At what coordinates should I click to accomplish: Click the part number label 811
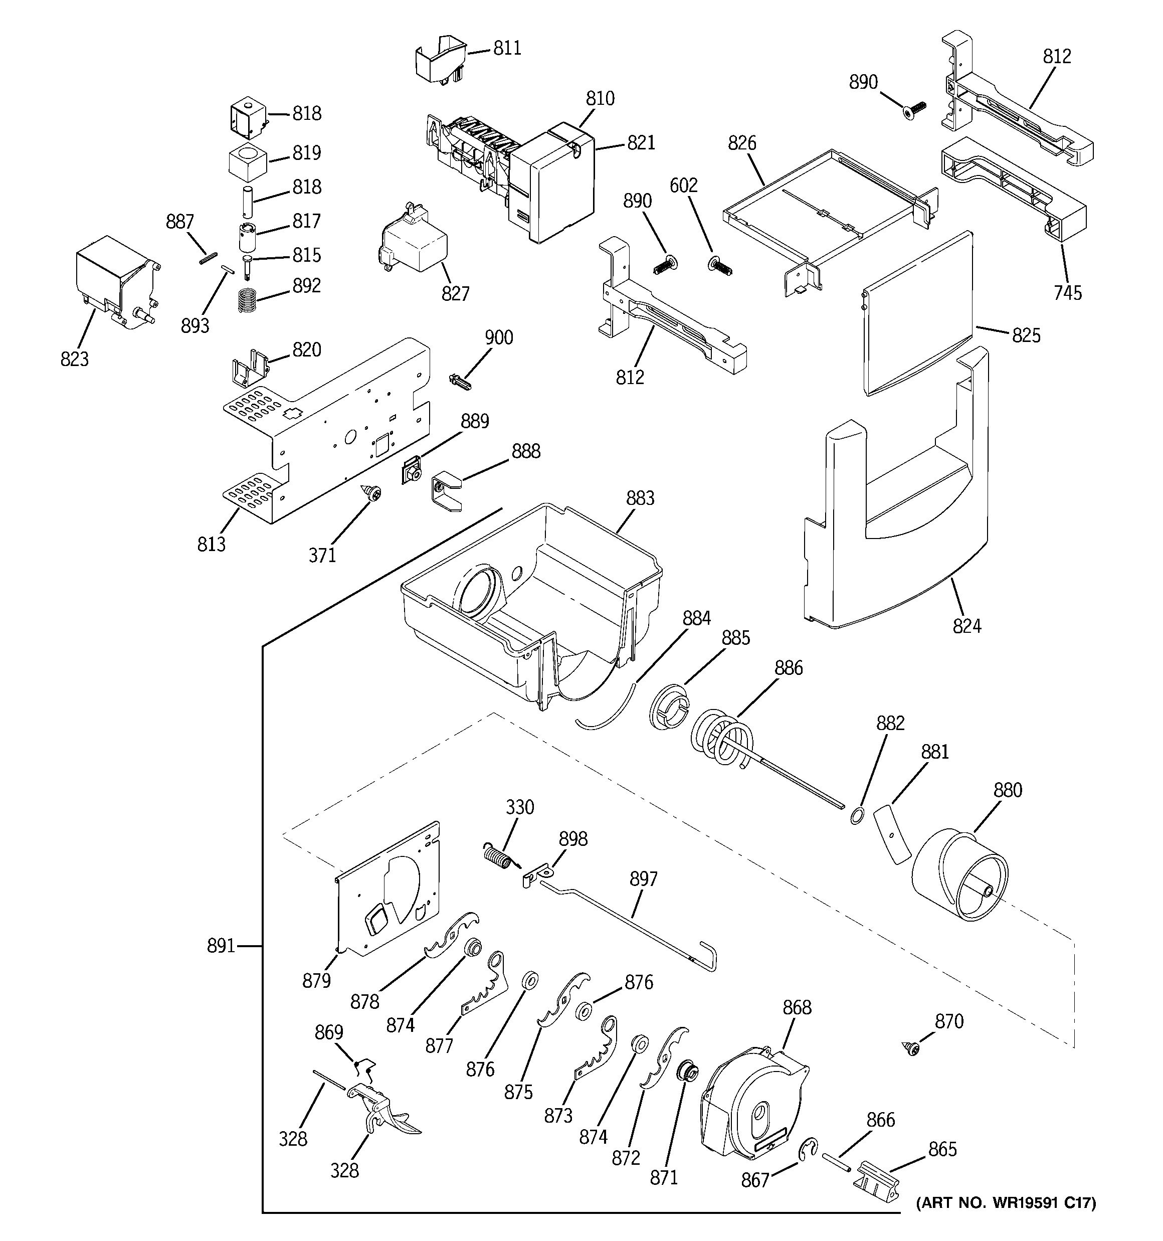(x=507, y=48)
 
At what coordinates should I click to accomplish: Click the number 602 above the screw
(x=684, y=186)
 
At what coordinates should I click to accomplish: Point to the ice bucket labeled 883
(x=531, y=599)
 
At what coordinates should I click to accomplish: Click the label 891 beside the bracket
(x=221, y=946)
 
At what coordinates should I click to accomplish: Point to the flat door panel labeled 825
(x=918, y=312)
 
